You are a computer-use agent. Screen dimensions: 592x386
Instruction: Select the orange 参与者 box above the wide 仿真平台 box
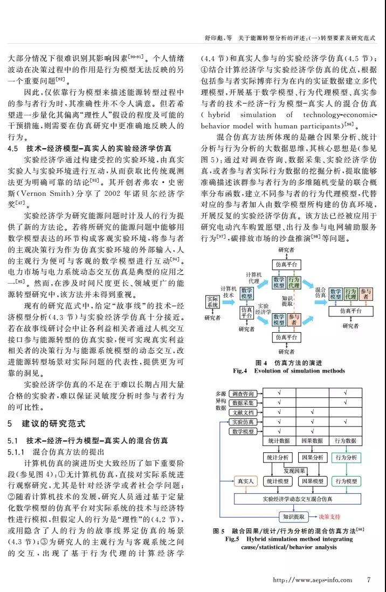367,294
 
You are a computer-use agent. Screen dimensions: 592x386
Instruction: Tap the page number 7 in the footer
368,580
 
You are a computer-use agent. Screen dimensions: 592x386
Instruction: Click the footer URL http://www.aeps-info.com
313,580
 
